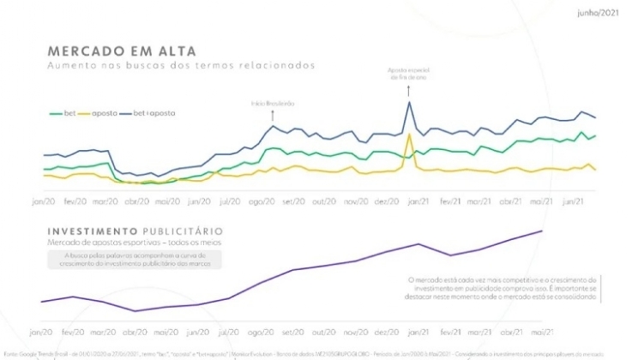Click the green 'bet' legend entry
coord(63,112)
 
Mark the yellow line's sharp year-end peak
coord(410,135)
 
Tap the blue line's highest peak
coord(409,103)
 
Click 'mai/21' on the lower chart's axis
coord(540,331)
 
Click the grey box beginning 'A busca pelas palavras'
coord(135,260)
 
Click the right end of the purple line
coord(542,231)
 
